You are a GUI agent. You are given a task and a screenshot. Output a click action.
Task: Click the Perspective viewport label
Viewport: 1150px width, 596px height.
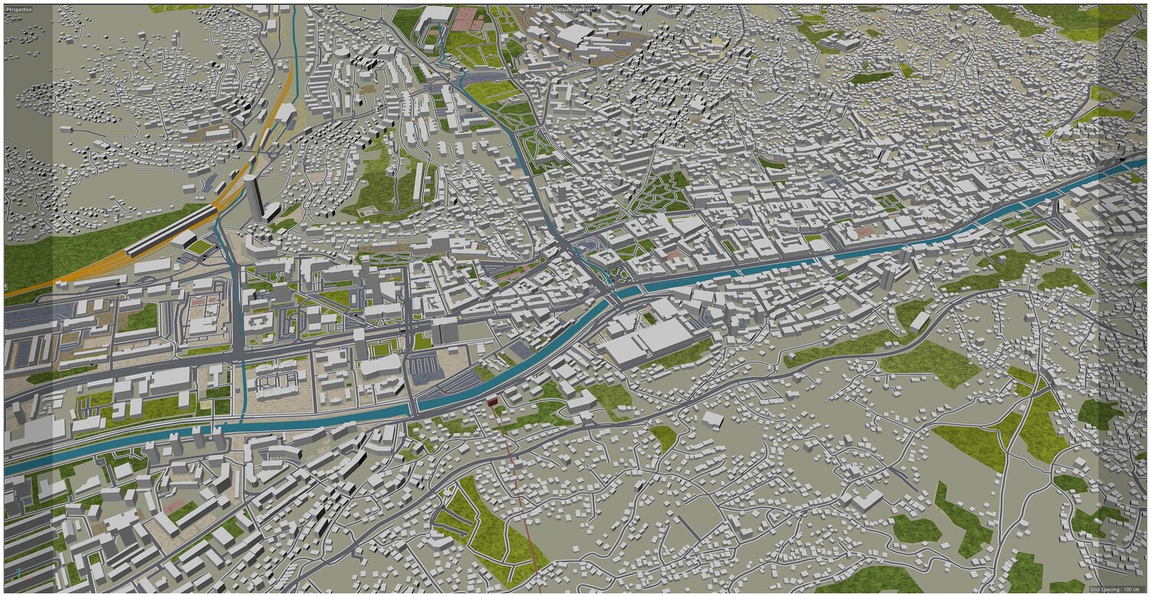pos(18,8)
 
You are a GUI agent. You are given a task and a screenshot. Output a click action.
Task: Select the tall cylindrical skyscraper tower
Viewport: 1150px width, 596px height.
pos(252,196)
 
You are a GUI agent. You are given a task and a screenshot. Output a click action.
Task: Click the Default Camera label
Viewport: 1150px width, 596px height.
pos(573,9)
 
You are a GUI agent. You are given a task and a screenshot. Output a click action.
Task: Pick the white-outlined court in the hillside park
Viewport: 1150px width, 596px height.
pos(370,209)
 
